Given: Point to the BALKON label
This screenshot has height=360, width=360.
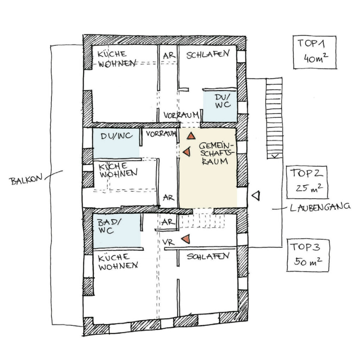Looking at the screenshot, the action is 26,180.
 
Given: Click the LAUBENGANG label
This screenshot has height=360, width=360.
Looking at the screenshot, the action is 320,207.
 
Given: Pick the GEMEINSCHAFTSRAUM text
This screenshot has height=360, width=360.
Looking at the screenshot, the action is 216,153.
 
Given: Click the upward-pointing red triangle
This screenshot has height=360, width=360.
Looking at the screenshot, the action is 191,136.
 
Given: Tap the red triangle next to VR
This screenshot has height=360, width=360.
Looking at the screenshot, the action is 186,239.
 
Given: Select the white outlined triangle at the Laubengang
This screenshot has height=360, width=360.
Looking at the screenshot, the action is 256,196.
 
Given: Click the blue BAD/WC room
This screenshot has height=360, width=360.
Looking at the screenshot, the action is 117,231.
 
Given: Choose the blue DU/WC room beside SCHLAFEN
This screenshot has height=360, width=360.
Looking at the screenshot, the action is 220,105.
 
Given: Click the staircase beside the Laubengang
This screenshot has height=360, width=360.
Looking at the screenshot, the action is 274,118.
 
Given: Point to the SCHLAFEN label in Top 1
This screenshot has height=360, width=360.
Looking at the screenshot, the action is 208,54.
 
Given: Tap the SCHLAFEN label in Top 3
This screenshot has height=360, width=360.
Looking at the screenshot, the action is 208,256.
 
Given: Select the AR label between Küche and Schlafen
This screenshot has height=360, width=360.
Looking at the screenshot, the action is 169,56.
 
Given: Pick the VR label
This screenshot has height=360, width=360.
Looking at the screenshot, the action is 168,242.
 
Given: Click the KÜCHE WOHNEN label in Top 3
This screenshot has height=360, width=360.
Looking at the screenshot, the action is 118,262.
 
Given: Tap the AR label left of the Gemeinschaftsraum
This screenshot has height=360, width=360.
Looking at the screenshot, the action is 168,198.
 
